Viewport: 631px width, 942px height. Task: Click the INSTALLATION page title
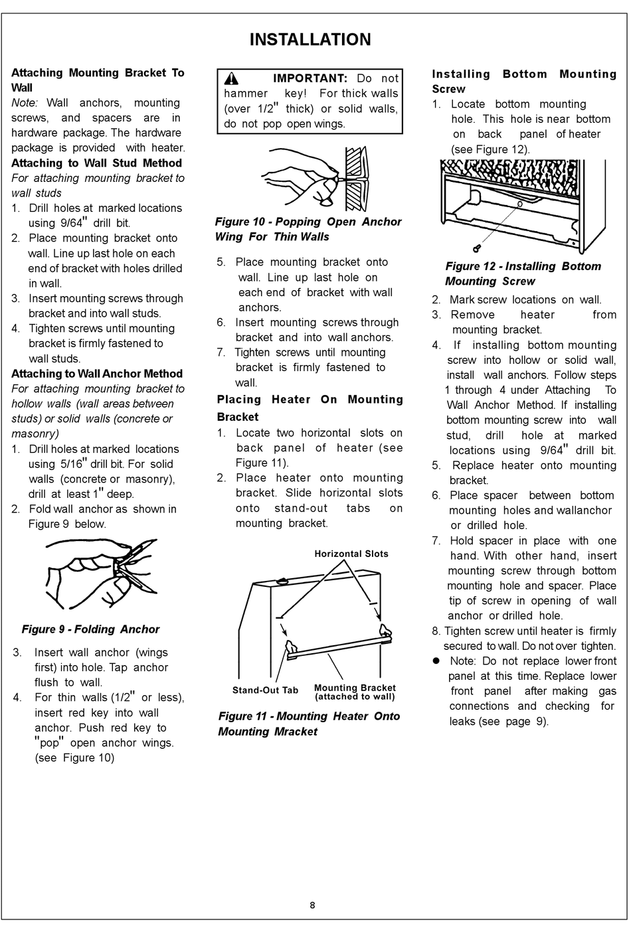pos(310,40)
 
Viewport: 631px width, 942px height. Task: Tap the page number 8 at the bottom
pos(312,905)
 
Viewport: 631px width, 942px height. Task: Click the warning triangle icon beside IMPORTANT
pos(231,78)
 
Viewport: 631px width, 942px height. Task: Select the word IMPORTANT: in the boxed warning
pos(310,78)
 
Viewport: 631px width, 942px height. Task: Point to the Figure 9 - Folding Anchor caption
pos(90,629)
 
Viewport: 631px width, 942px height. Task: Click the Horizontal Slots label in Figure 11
pos(351,554)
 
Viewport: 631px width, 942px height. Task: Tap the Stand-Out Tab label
pos(265,690)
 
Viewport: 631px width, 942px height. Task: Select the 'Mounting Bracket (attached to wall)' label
pos(355,692)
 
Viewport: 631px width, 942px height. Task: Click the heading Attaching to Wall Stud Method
pos(96,163)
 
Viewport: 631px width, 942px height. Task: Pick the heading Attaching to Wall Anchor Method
pos(96,374)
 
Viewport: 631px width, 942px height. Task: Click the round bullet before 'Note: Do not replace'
pos(437,661)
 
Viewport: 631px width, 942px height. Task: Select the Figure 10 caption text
pos(308,229)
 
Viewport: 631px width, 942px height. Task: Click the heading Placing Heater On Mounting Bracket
pos(310,408)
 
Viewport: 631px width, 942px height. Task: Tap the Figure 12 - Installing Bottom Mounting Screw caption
pos(523,274)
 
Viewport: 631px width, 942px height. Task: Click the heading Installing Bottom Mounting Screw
pos(524,82)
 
